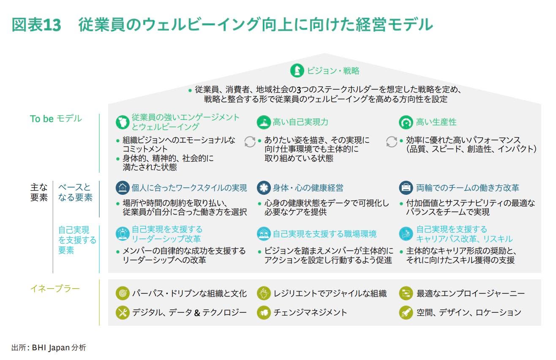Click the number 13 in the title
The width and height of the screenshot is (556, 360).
(x=52, y=25)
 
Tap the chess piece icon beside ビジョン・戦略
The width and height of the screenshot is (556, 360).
(x=297, y=71)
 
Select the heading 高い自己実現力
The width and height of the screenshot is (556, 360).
(x=300, y=122)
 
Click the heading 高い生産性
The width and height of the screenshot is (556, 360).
(x=436, y=122)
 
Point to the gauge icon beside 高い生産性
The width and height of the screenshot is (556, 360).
(x=406, y=122)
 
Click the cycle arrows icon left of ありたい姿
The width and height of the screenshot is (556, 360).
(x=250, y=142)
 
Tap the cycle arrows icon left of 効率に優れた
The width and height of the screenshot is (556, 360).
(x=391, y=142)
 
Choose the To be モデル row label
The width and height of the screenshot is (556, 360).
(x=56, y=119)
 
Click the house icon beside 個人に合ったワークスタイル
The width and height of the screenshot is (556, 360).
(x=123, y=188)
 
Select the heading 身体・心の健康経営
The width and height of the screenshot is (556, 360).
(x=308, y=188)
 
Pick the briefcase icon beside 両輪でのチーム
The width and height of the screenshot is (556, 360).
(x=406, y=188)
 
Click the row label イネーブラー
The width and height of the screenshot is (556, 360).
(x=55, y=289)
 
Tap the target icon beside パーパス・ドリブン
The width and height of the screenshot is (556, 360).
(x=123, y=293)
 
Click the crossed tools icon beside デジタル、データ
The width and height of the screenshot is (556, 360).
(x=123, y=312)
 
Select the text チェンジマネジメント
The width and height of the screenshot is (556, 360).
(x=310, y=312)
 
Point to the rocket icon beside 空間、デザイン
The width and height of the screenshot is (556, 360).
(x=406, y=312)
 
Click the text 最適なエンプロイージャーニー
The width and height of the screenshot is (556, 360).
(x=471, y=294)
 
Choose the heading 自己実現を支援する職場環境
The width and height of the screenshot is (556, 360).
(x=324, y=234)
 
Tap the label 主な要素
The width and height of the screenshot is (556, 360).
(x=39, y=192)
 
